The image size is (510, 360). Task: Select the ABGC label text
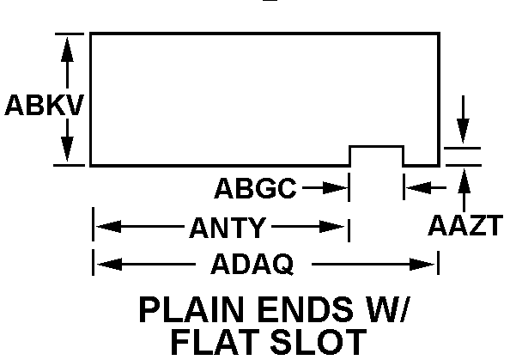click(x=255, y=186)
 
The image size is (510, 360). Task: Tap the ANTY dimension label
click(x=228, y=228)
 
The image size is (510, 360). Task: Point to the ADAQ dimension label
click(x=252, y=264)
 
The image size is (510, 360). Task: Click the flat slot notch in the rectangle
click(x=376, y=156)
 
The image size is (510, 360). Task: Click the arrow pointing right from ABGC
click(x=336, y=186)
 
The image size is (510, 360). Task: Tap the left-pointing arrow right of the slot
click(x=414, y=186)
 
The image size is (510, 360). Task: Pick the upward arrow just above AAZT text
click(x=464, y=179)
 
